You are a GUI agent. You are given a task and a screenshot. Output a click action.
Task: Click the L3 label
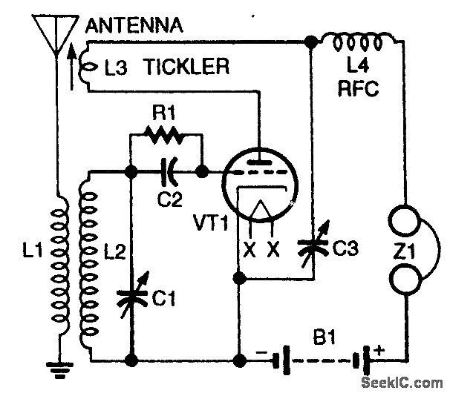(x=118, y=68)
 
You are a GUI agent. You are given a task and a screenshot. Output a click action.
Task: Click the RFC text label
(x=358, y=90)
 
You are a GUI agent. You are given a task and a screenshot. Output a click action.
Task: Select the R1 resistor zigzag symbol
(x=166, y=135)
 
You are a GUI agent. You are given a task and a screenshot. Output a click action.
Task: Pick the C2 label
(x=171, y=199)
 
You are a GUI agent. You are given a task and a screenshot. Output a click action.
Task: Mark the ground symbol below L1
(x=55, y=368)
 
